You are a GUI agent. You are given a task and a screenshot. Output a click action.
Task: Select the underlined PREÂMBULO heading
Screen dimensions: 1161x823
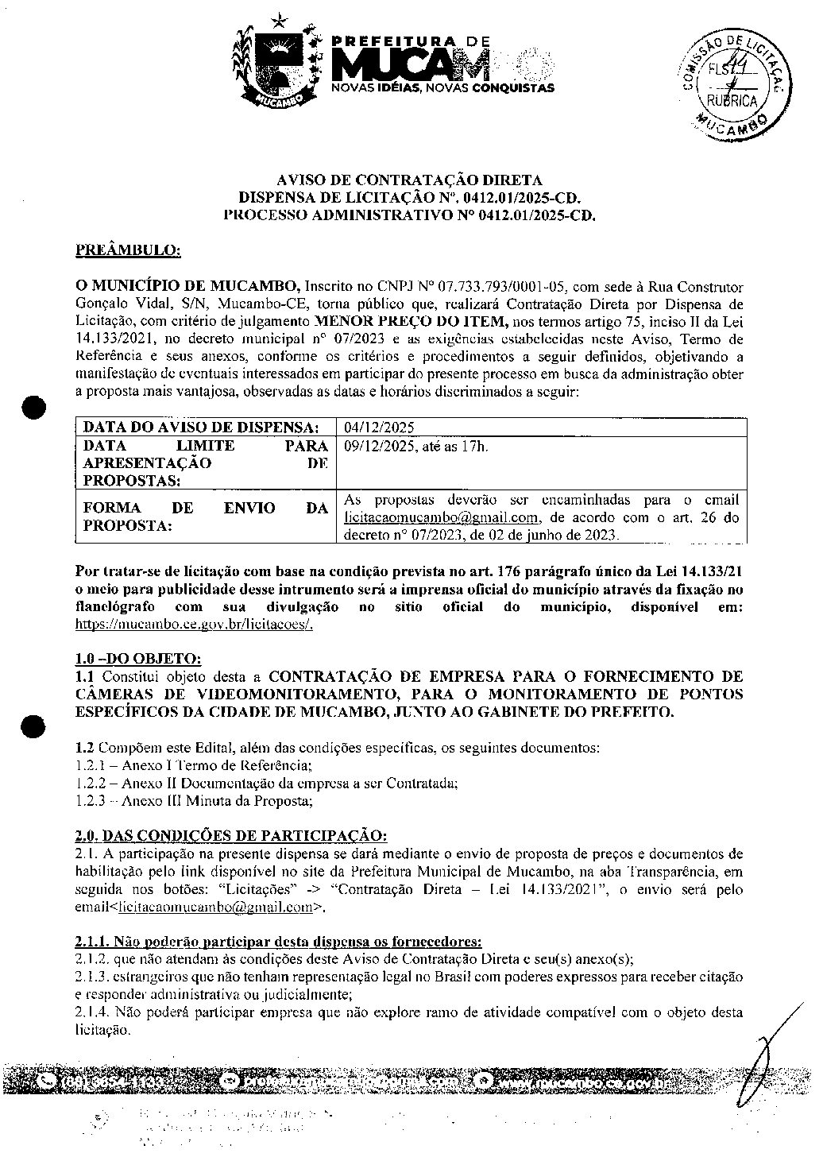coord(128,251)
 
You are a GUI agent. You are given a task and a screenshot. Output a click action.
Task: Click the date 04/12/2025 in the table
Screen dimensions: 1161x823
coord(379,428)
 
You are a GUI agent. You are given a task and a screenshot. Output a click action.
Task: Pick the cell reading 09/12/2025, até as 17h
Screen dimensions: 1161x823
coord(415,447)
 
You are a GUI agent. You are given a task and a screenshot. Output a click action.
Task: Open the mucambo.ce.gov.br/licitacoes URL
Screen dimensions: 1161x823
coord(195,624)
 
